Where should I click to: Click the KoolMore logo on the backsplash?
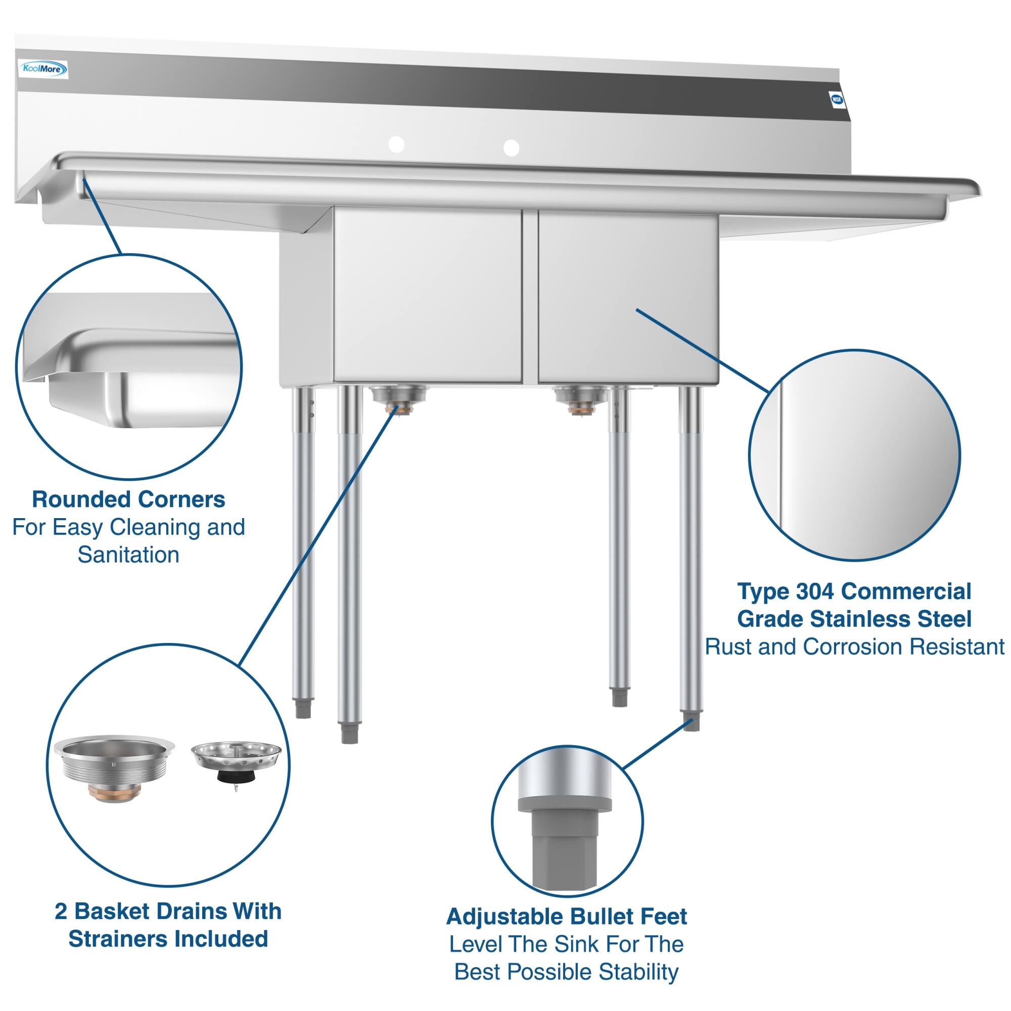pos(43,69)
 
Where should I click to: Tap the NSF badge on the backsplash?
pos(837,100)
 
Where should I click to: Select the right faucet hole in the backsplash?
pos(511,148)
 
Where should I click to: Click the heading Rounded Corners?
pos(129,500)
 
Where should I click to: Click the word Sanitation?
pos(129,555)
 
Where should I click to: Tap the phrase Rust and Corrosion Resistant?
pos(854,647)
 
